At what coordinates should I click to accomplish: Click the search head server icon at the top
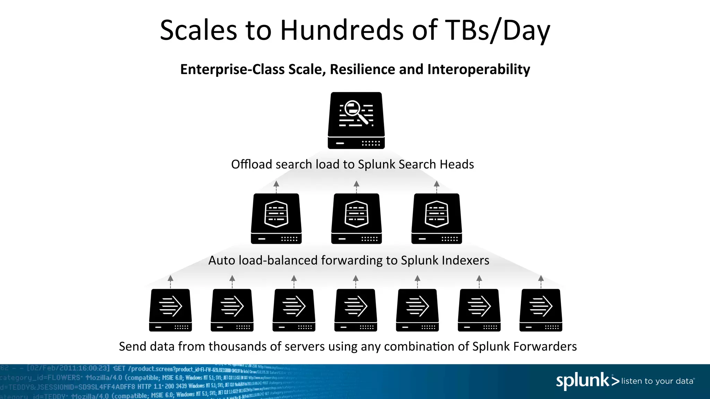pyautogui.click(x=356, y=120)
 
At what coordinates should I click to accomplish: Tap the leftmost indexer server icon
pyautogui.click(x=276, y=218)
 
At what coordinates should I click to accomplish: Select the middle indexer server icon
pyautogui.click(x=356, y=218)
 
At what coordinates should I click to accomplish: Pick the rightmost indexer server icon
pyautogui.click(x=436, y=218)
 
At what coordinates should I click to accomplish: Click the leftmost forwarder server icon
pyautogui.click(x=170, y=310)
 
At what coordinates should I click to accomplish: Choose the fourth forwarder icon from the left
pyautogui.click(x=356, y=310)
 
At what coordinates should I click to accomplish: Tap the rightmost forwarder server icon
pyautogui.click(x=541, y=310)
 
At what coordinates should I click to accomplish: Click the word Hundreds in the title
pyautogui.click(x=342, y=30)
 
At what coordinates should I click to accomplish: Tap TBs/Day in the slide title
pyautogui.click(x=497, y=31)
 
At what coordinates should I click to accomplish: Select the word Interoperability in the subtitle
pyautogui.click(x=478, y=70)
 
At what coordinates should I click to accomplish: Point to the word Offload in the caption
pyautogui.click(x=252, y=164)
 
